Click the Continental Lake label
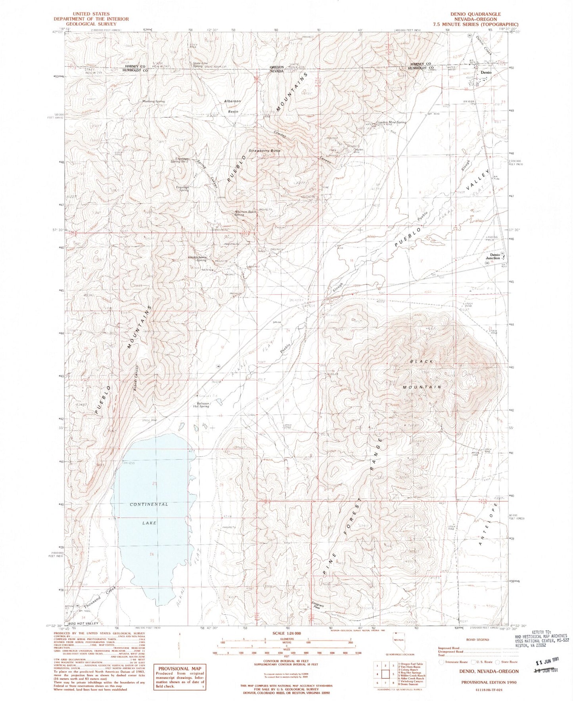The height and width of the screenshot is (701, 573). tap(149, 513)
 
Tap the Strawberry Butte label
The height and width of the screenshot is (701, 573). tap(264, 151)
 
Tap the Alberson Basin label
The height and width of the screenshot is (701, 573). tap(232, 106)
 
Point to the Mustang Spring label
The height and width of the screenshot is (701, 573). tap(153, 102)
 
